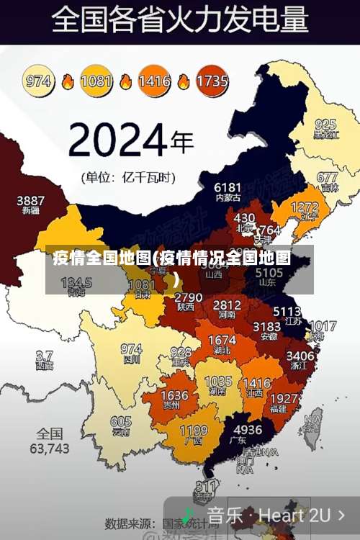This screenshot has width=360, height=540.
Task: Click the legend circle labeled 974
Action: [x=39, y=81]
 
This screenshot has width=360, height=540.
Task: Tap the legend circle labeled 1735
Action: [x=212, y=81]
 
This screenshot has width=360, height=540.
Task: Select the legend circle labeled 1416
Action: [x=154, y=81]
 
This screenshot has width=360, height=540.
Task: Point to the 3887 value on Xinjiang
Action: [x=31, y=200]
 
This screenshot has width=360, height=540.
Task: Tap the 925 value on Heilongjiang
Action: [x=325, y=124]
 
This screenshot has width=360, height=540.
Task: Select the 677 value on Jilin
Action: [x=327, y=177]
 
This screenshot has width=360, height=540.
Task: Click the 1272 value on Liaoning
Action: [x=304, y=207]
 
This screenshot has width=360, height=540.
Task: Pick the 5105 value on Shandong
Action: [x=269, y=273]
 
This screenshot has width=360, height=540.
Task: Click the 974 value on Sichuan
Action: [x=131, y=348]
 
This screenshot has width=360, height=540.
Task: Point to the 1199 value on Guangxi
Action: [x=193, y=431]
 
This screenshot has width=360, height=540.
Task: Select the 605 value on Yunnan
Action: [x=121, y=422]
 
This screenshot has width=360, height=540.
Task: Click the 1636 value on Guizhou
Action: [x=174, y=396]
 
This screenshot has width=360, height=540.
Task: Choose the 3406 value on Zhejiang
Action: [x=300, y=355]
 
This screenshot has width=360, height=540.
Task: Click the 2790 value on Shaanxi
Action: [x=189, y=297]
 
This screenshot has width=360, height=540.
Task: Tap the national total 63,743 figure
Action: [x=50, y=448]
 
